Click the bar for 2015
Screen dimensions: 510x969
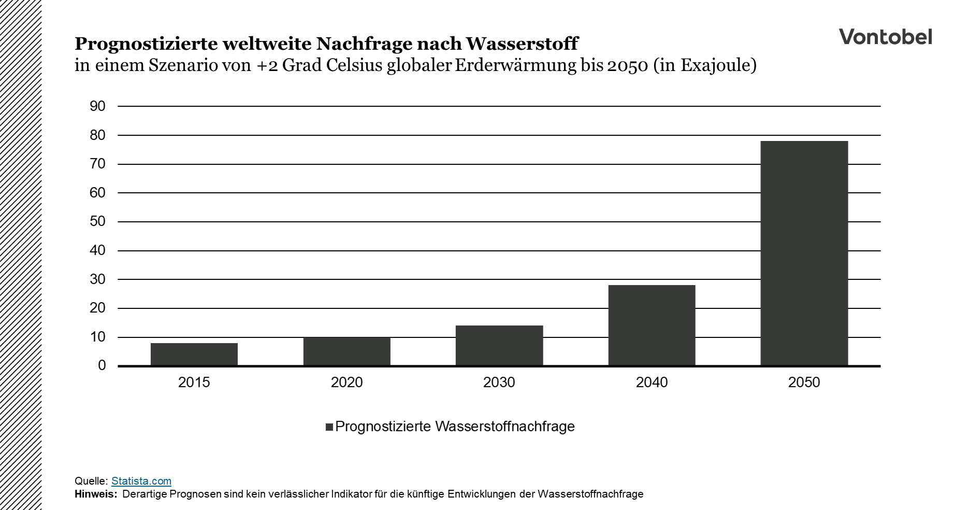(x=194, y=355)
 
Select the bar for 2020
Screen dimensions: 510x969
(x=346, y=351)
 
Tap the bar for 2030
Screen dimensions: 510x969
(x=499, y=346)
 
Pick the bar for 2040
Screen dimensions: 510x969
(x=652, y=325)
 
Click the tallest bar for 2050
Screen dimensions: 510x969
(x=804, y=253)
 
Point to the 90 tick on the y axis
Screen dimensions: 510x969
(x=97, y=106)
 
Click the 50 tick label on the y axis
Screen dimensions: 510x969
(x=97, y=221)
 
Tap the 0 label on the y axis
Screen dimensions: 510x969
(x=102, y=365)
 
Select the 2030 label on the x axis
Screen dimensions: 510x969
(x=499, y=382)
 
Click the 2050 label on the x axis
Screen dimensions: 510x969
(x=804, y=382)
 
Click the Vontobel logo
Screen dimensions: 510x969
(x=885, y=37)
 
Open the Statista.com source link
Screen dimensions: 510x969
(x=141, y=481)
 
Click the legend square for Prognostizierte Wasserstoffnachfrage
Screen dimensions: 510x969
(x=329, y=427)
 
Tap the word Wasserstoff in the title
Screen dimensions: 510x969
(x=522, y=44)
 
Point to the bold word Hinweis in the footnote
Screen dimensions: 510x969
(x=96, y=494)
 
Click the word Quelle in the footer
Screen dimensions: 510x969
(x=91, y=481)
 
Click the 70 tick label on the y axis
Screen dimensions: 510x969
(x=97, y=164)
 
